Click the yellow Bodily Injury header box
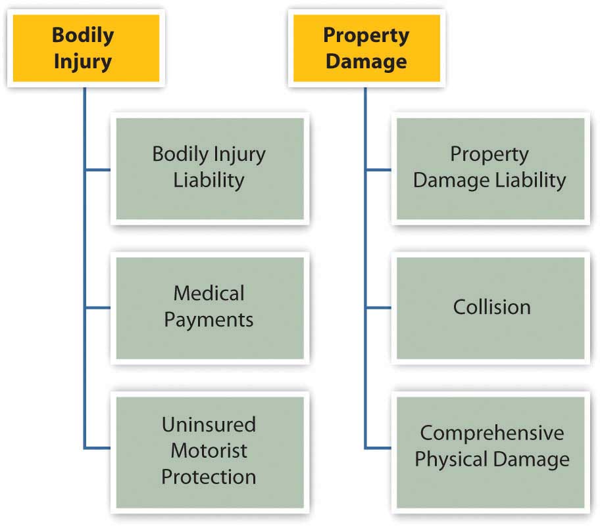click(83, 48)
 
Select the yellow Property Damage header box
click(366, 48)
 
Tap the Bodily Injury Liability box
click(209, 168)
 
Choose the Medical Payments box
click(209, 307)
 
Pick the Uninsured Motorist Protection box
click(209, 451)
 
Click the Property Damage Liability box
click(489, 168)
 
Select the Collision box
click(489, 307)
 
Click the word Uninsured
click(209, 424)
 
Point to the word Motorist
click(209, 451)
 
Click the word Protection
click(209, 476)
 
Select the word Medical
click(209, 293)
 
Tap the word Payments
click(209, 320)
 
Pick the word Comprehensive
click(492, 433)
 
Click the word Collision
click(491, 307)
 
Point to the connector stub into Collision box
click(378, 307)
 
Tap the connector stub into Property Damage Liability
click(378, 169)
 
